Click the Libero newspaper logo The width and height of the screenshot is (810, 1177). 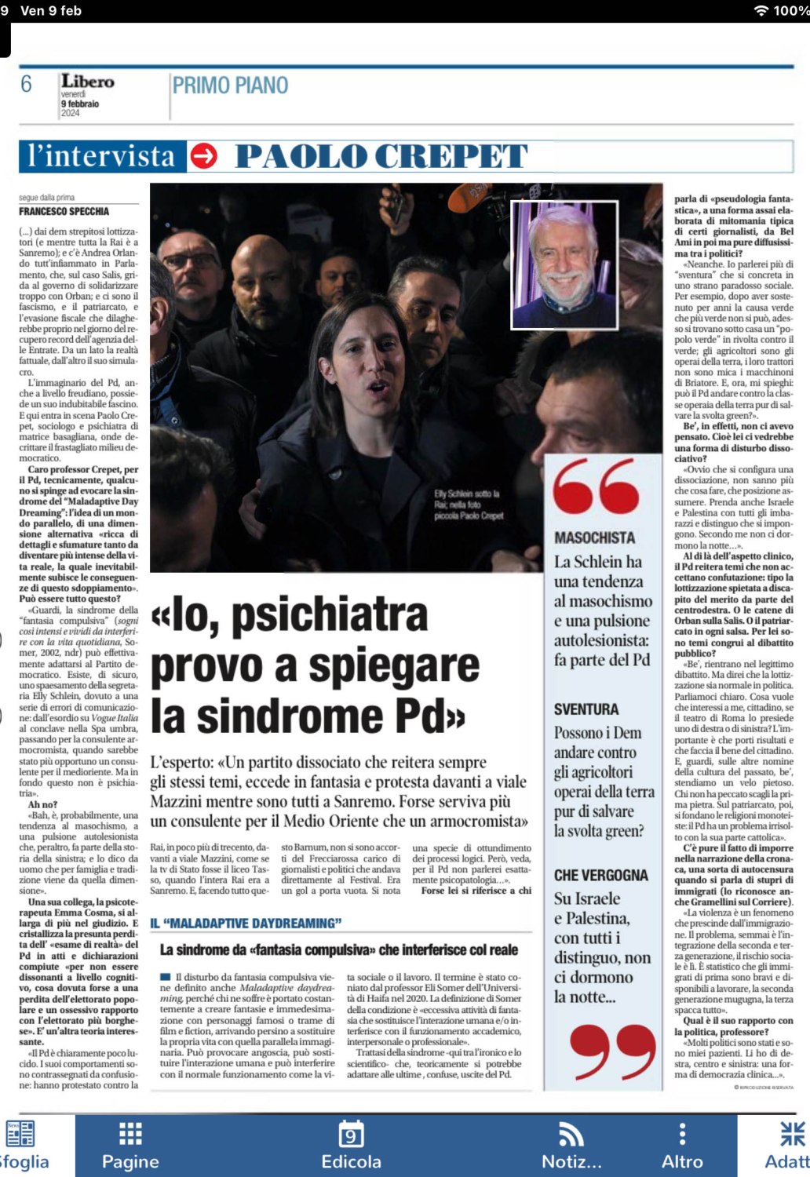87,82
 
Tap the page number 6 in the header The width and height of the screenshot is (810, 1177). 27,84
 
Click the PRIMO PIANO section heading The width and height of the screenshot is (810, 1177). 230,86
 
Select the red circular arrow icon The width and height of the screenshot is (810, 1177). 204,156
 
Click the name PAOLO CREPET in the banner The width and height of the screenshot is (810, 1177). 381,156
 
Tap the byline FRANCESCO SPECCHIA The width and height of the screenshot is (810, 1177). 64,211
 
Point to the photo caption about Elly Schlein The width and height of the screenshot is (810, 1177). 468,505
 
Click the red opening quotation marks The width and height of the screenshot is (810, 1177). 596,486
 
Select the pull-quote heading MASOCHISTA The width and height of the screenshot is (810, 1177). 594,537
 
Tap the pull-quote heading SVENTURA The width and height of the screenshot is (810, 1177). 586,709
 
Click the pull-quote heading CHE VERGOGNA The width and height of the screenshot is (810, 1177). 601,875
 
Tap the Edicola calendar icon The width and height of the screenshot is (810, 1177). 351,1134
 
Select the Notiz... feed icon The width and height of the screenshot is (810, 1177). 571,1134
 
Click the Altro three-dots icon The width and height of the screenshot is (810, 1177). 682,1134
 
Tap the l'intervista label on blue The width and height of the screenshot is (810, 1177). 101,156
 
